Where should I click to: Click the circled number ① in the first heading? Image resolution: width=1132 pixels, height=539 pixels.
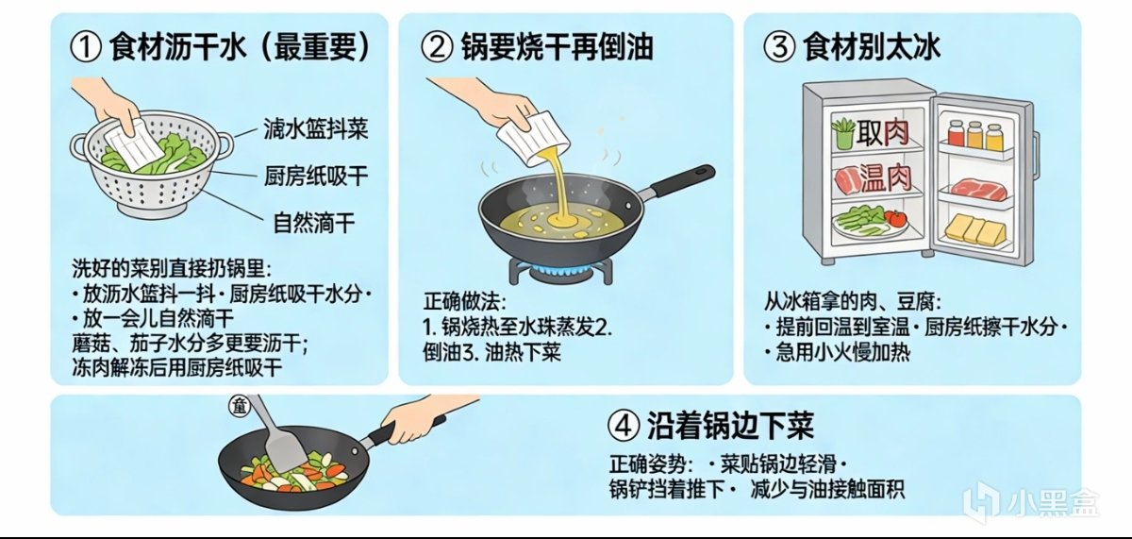tap(85, 47)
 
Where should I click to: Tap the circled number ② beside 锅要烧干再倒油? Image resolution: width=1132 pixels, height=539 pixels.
tap(436, 47)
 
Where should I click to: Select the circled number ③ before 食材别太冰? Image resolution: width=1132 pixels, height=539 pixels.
tap(779, 47)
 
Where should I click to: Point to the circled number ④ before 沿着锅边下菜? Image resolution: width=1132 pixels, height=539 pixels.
tap(624, 425)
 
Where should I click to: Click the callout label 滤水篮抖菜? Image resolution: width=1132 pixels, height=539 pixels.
tap(316, 129)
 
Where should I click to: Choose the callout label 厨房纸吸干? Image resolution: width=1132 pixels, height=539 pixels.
tap(316, 176)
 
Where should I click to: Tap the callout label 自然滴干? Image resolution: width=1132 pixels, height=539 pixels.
tap(314, 223)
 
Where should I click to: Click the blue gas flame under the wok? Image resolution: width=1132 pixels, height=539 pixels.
tap(560, 272)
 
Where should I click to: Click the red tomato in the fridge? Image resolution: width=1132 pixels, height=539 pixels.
tap(897, 218)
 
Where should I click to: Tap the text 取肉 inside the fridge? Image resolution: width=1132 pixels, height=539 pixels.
tap(882, 133)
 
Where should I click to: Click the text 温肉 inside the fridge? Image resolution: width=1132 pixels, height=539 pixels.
tap(886, 179)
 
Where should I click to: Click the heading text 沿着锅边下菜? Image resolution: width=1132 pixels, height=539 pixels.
tap(730, 426)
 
